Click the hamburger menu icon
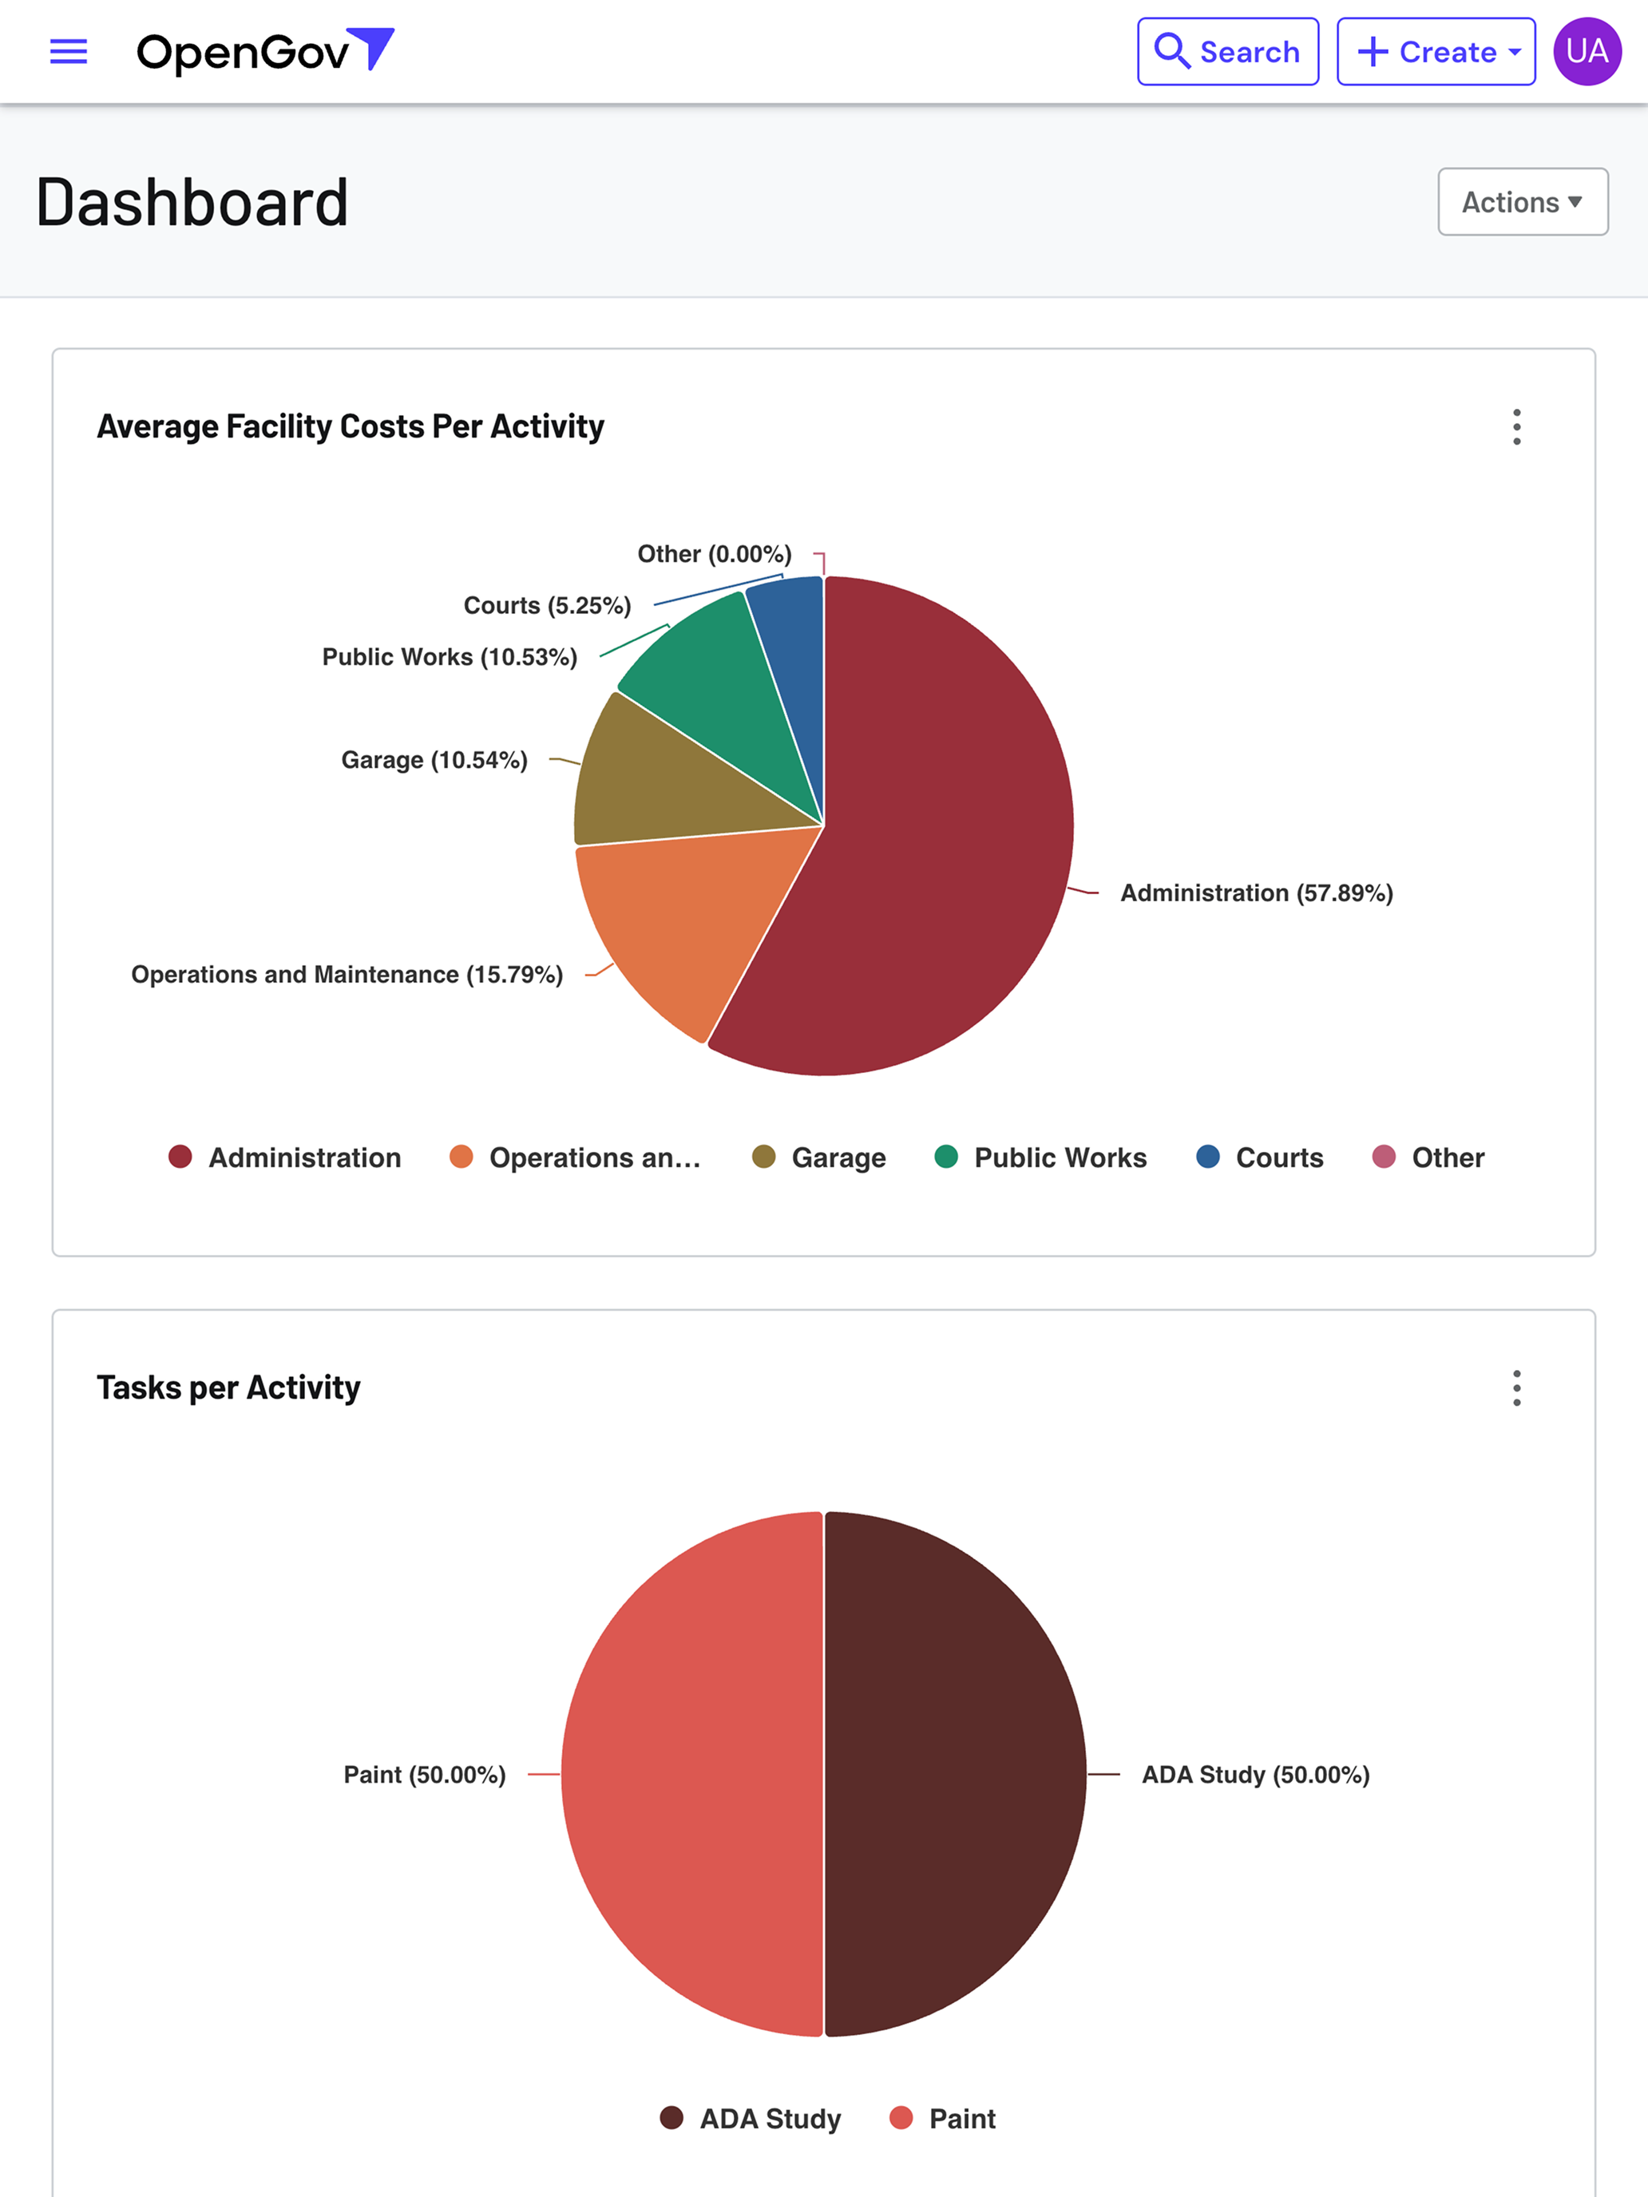tap(69, 52)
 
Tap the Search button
tap(1228, 52)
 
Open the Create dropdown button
tap(1436, 52)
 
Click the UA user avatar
tap(1587, 52)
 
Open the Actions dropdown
tap(1523, 202)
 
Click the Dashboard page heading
tap(192, 203)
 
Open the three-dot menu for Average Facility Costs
tap(1517, 427)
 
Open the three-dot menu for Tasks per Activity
tap(1517, 1387)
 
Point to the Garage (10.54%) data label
tap(434, 760)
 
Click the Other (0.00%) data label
tap(715, 553)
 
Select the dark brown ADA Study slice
tap(953, 1774)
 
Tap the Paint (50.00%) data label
tap(424, 1775)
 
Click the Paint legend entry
tap(943, 2119)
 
